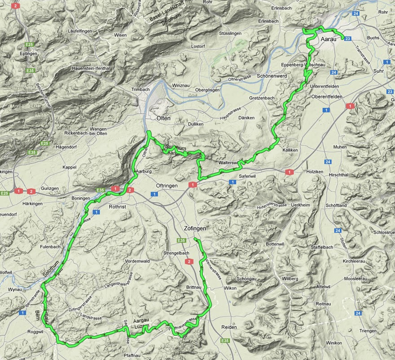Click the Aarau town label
pyautogui.click(x=330, y=40)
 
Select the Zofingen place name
pyautogui.click(x=195, y=228)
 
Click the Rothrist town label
pyautogui.click(x=120, y=207)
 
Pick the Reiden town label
pyautogui.click(x=229, y=327)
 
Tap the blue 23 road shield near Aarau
pyautogui.click(x=348, y=39)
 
